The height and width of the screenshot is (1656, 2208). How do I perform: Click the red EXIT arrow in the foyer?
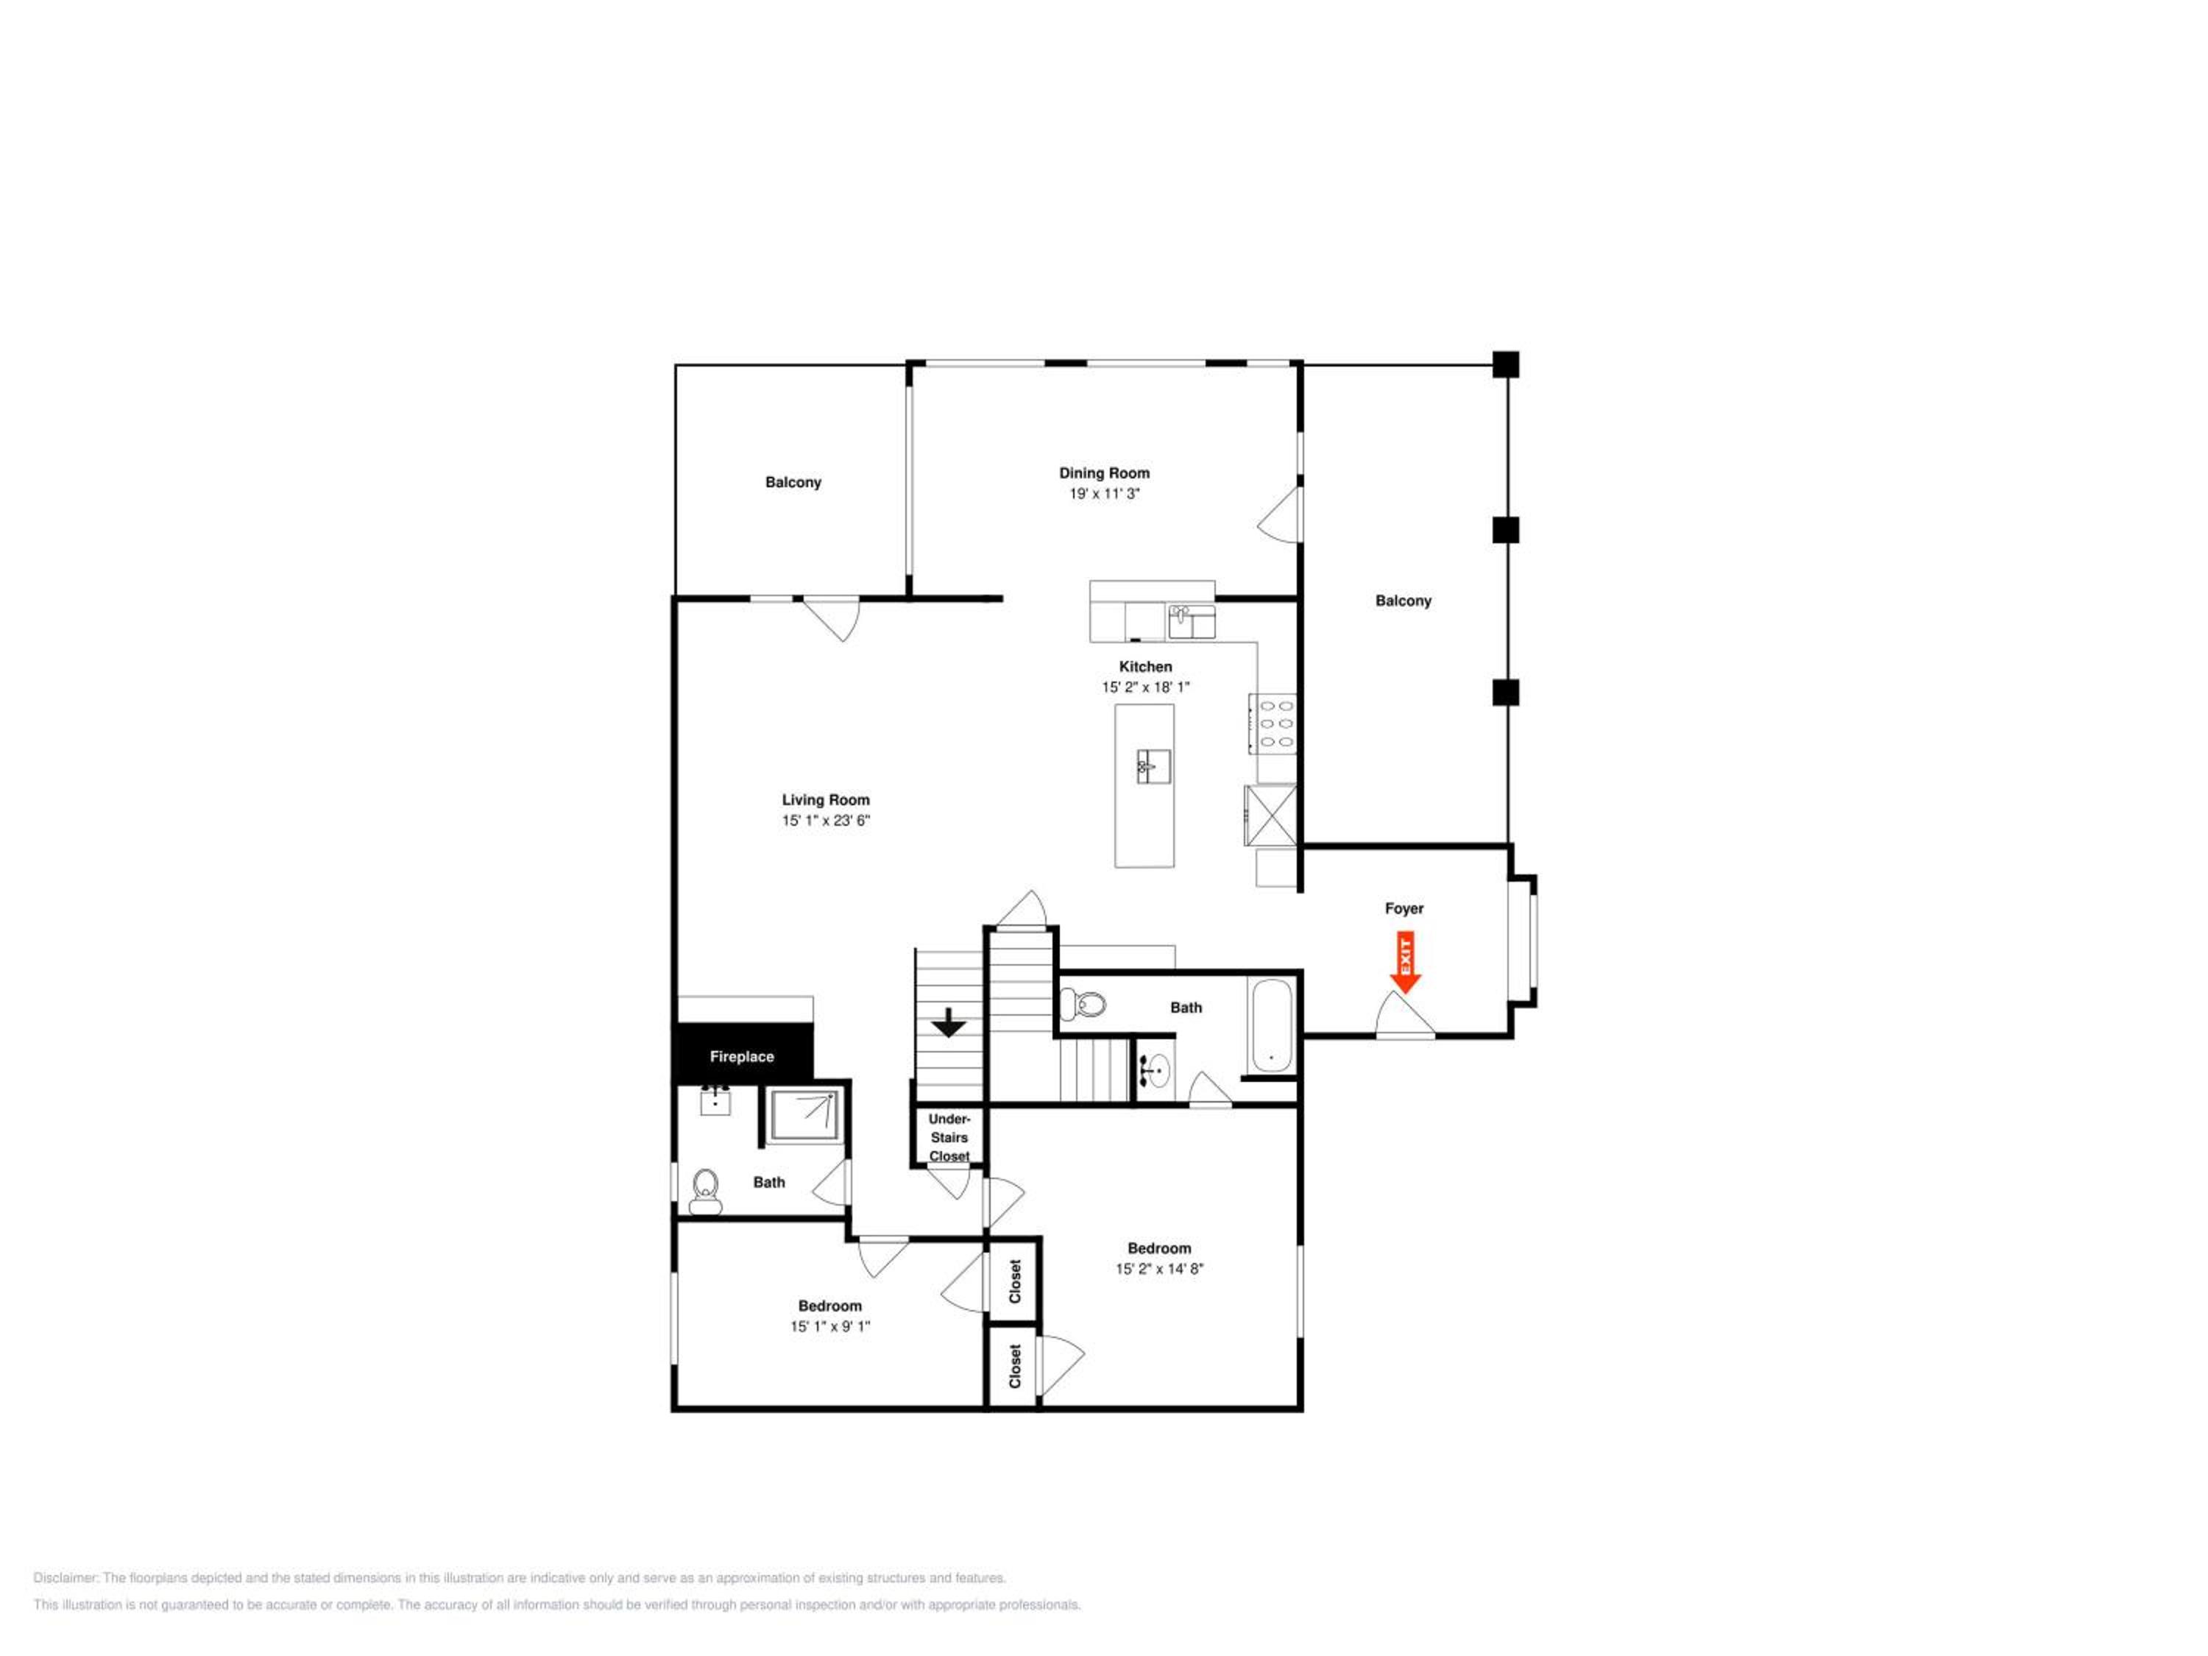(1406, 962)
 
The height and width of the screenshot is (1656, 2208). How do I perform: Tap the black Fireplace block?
(743, 1053)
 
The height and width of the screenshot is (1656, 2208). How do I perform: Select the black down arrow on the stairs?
(948, 1022)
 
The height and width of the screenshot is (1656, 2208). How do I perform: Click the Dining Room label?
(1104, 473)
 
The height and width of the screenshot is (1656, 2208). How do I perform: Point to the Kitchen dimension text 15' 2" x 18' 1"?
(1146, 687)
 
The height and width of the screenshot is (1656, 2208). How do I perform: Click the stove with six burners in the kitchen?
(1272, 723)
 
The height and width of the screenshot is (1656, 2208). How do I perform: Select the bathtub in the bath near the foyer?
(1273, 1025)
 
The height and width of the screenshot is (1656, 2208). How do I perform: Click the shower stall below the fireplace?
(805, 1115)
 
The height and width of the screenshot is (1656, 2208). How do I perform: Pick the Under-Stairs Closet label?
(949, 1137)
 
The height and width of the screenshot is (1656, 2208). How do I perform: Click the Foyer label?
(1404, 908)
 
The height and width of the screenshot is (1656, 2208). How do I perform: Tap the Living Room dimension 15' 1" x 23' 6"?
(826, 821)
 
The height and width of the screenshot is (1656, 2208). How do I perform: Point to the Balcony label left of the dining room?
(793, 482)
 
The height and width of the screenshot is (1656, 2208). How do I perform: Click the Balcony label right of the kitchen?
(1404, 601)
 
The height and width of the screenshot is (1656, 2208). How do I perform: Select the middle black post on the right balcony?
(1507, 530)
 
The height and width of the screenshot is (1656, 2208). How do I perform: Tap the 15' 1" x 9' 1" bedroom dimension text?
(829, 1326)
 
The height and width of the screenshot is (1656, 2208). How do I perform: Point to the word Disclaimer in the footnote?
(66, 1578)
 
